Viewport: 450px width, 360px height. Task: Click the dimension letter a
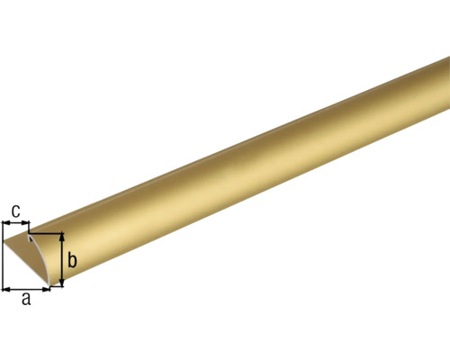click(x=26, y=301)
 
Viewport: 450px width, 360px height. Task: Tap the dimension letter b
click(x=73, y=260)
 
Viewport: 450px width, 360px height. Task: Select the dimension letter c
click(x=15, y=211)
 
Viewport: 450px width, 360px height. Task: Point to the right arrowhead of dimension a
click(x=49, y=289)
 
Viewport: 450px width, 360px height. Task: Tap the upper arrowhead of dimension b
click(x=63, y=237)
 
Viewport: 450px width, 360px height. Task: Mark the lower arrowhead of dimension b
click(x=63, y=283)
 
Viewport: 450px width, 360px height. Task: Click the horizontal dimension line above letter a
click(x=27, y=289)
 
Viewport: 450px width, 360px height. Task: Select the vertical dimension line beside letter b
click(x=63, y=260)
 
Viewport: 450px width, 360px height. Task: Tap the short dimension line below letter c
click(x=15, y=222)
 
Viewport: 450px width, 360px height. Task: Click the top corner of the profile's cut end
click(x=31, y=235)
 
